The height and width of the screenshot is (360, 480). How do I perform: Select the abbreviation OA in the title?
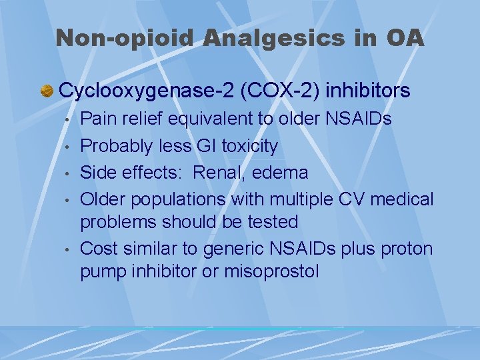tap(404, 38)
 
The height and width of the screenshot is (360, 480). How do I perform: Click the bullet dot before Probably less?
tap(68, 147)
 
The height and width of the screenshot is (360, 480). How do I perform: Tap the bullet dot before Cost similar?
tap(68, 250)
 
